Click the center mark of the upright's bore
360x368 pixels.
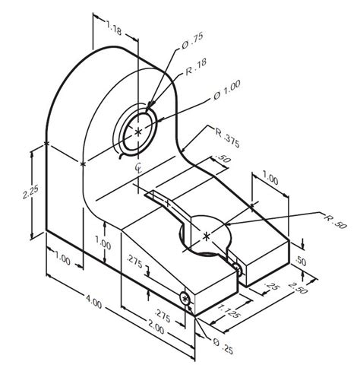138,132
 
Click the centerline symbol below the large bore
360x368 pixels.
138,166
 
